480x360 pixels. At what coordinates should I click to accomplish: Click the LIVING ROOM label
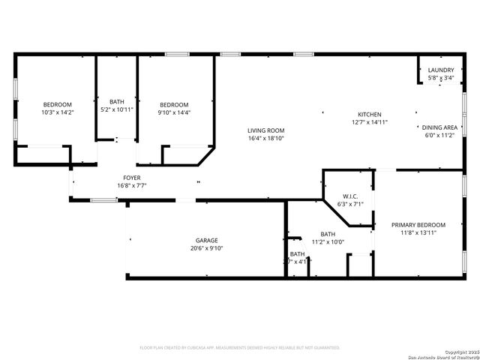click(x=266, y=130)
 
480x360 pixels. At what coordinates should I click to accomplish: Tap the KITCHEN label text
click(x=369, y=114)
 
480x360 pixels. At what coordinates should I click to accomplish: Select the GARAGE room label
click(x=207, y=241)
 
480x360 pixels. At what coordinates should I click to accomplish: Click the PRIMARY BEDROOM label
click(x=418, y=225)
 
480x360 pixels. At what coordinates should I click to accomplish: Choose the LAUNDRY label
click(x=440, y=70)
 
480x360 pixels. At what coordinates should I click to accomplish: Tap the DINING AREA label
click(x=439, y=127)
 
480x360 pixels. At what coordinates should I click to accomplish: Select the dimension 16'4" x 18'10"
click(x=266, y=139)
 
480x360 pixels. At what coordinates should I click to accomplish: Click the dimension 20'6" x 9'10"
click(x=207, y=248)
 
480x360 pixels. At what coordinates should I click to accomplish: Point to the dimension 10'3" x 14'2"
click(x=57, y=112)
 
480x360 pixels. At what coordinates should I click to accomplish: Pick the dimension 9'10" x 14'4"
click(x=174, y=112)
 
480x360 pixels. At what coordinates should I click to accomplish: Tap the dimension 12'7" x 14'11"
click(x=369, y=122)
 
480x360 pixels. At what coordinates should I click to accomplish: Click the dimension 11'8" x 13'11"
click(x=418, y=233)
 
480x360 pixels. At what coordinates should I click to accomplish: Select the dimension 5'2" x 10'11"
click(x=116, y=109)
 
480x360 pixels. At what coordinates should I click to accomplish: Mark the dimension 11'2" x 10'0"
click(x=328, y=241)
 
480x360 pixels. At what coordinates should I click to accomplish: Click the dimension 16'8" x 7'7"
click(x=131, y=185)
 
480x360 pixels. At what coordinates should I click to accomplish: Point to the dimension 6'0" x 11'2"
click(x=439, y=136)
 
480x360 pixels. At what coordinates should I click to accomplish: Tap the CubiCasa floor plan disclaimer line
click(x=240, y=347)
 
